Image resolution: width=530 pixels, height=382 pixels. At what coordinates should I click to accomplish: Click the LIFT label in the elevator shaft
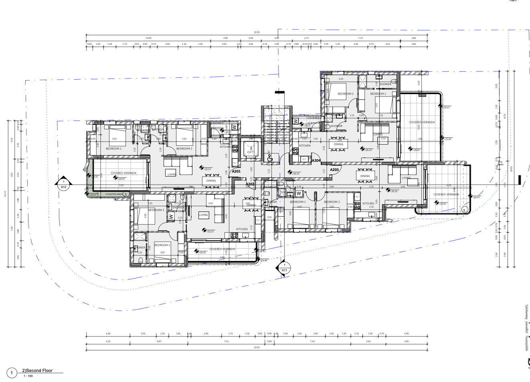(251, 152)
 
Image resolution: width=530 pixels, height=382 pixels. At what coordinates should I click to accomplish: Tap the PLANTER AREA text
(114, 194)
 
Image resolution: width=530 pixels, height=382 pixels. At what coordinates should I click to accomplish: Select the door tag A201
(236, 171)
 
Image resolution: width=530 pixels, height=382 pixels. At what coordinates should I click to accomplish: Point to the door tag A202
(250, 184)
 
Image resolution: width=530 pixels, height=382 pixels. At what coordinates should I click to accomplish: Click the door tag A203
(334, 170)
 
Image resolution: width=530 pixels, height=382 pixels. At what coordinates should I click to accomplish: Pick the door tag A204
(316, 161)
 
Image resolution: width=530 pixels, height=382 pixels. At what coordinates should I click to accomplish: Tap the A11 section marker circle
(284, 267)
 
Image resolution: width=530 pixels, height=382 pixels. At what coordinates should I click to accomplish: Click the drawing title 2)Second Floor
(37, 370)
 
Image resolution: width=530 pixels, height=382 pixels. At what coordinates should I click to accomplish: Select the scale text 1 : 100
(28, 376)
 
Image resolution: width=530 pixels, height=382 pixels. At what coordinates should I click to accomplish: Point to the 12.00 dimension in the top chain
(148, 38)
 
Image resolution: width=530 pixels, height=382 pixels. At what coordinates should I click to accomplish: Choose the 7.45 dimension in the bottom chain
(227, 342)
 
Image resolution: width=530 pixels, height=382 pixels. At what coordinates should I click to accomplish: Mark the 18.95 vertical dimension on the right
(512, 169)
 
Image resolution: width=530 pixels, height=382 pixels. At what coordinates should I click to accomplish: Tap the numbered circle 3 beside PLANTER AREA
(125, 194)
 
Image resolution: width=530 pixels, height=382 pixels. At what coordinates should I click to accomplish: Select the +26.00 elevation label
(95, 177)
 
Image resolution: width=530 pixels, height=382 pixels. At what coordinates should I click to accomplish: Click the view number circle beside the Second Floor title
(12, 373)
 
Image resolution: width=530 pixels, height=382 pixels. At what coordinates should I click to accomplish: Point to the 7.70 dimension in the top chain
(360, 38)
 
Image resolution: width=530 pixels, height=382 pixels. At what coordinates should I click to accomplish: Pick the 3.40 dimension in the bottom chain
(368, 342)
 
